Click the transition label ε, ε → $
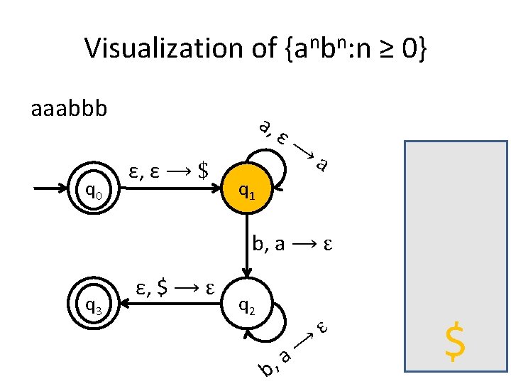pos(169,171)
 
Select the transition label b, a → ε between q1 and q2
pos(292,245)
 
